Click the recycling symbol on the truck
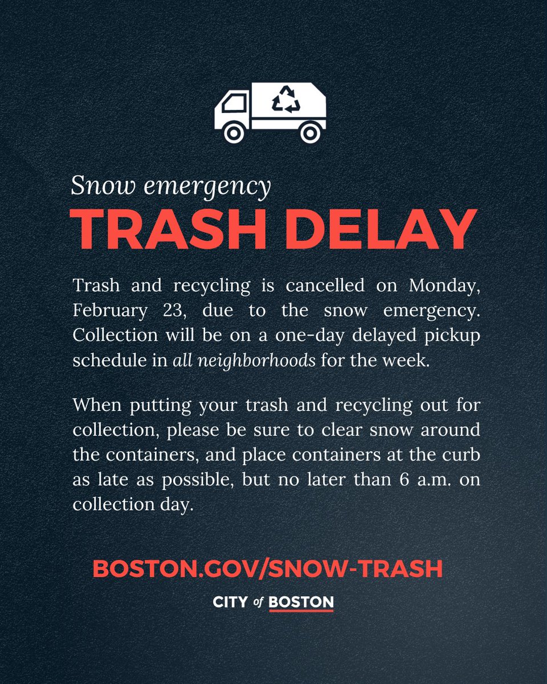[285, 99]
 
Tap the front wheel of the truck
[233, 133]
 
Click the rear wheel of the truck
[309, 133]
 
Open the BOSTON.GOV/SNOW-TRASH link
[267, 568]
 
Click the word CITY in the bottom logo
[230, 602]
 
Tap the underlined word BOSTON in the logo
[301, 602]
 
